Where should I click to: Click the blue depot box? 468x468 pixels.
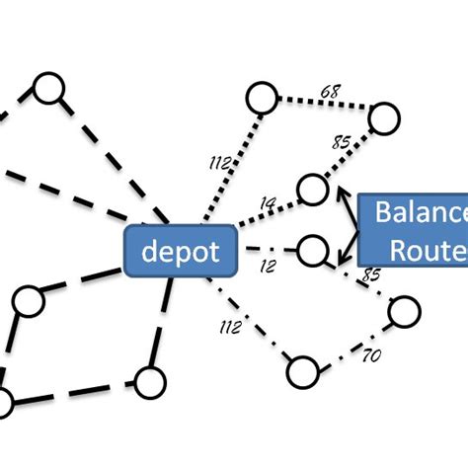[x=180, y=251]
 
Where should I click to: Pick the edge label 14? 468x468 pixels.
[x=268, y=204]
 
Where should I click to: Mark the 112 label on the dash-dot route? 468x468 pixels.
[x=228, y=326]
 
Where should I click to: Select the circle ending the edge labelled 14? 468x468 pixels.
[x=312, y=188]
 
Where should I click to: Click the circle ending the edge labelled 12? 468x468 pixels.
[x=312, y=250]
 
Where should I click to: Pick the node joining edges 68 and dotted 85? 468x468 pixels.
[x=384, y=119]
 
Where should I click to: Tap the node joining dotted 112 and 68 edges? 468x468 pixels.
[x=261, y=98]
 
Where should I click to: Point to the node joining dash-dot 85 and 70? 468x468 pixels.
[x=404, y=312]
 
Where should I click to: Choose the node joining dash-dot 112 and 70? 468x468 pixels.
[x=302, y=372]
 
